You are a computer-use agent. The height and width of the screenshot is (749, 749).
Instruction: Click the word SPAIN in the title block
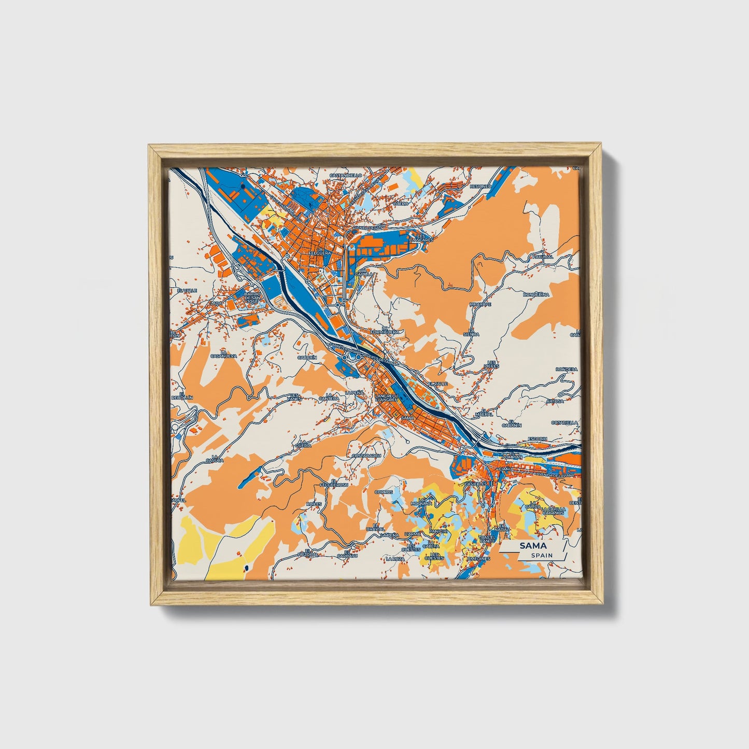(542, 555)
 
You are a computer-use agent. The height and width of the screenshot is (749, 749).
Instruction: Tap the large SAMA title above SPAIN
(534, 546)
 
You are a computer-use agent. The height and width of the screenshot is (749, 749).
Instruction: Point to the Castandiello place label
(346, 175)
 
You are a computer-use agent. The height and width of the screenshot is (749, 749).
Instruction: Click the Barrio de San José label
(252, 298)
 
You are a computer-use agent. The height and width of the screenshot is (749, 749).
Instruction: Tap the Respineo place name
(480, 186)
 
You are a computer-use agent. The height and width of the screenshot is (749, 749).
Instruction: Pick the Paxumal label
(543, 257)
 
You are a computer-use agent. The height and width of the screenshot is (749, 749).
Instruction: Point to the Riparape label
(480, 304)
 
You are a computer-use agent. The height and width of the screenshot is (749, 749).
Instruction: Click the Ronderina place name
(536, 294)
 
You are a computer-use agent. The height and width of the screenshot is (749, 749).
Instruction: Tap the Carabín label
(307, 357)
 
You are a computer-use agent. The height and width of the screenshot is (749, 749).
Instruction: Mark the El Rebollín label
(182, 395)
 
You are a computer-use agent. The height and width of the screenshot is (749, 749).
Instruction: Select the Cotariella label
(564, 422)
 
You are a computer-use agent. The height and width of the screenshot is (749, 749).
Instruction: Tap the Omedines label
(478, 559)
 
